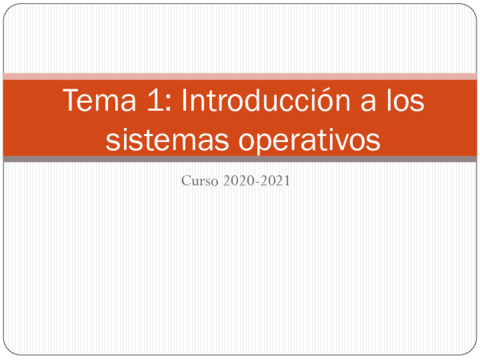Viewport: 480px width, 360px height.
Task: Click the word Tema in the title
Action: [x=99, y=100]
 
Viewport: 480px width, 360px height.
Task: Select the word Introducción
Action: [x=265, y=99]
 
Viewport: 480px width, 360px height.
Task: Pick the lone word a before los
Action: [x=368, y=103]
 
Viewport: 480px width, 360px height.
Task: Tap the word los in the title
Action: [x=405, y=100]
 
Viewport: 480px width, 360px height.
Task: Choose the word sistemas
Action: [x=167, y=139]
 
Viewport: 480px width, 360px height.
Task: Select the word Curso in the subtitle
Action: [x=200, y=181]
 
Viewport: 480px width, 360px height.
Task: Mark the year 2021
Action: [x=275, y=181]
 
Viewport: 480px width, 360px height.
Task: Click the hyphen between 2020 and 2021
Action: [x=257, y=183]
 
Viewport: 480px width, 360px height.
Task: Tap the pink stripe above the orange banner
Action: [x=240, y=77]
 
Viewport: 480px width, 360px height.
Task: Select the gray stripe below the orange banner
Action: [x=240, y=159]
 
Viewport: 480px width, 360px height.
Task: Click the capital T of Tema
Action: [x=71, y=100]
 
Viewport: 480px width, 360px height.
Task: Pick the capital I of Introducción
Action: [x=184, y=100]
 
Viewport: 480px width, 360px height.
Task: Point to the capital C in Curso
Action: [x=186, y=181]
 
